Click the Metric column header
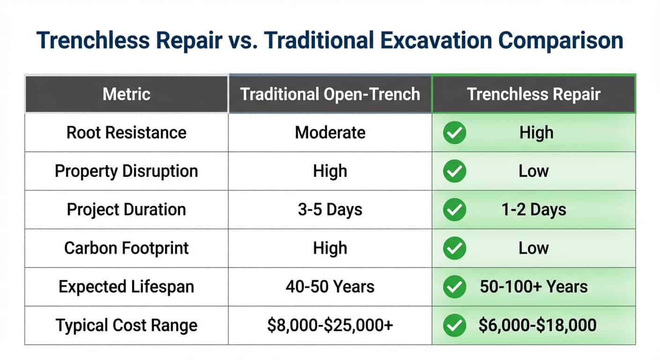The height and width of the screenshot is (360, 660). click(x=127, y=94)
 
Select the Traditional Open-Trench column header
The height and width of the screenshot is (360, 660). click(x=330, y=94)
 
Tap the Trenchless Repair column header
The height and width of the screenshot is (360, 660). click(x=533, y=94)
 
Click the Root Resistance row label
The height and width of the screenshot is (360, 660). click(x=127, y=133)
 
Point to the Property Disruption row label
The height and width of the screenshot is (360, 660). click(x=127, y=171)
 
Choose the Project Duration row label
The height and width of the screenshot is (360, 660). click(x=127, y=210)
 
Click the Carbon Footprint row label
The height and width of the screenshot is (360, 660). click(x=127, y=248)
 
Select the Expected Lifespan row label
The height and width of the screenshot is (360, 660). click(x=127, y=287)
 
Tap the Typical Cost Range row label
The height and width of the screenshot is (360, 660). click(x=127, y=325)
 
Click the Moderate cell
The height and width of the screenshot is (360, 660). click(x=330, y=133)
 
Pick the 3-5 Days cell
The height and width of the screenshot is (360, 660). click(x=330, y=210)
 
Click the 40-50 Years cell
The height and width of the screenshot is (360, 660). click(x=330, y=287)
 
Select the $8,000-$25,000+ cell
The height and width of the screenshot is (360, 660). click(x=330, y=325)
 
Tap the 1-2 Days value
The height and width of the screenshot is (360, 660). click(x=533, y=210)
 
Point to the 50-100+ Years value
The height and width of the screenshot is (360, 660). click(x=533, y=287)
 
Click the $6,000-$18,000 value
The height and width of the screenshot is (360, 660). click(x=538, y=325)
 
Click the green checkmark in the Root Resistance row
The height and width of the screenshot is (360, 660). click(x=454, y=133)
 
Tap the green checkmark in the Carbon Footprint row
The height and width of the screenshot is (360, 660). click(x=454, y=248)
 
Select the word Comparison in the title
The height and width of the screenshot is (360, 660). click(x=561, y=41)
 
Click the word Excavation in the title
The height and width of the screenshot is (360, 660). click(x=436, y=40)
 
